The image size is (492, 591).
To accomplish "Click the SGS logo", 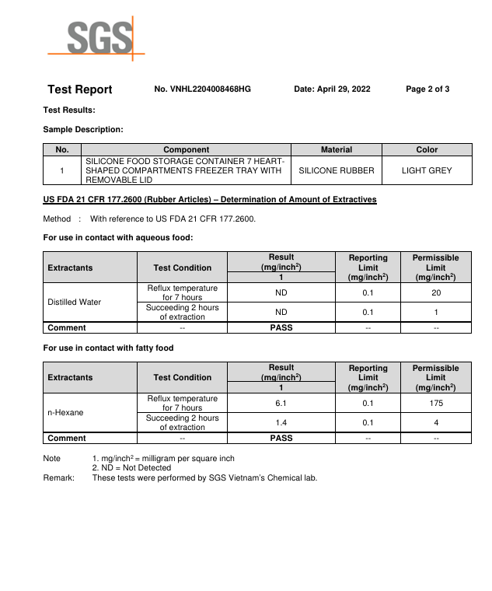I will point(97,37).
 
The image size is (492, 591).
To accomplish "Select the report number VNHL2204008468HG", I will point(202,89).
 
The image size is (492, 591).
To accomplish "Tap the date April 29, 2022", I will point(332,89).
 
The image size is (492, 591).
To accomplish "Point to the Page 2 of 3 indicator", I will point(427,89).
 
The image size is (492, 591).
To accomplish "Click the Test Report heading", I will point(80,89).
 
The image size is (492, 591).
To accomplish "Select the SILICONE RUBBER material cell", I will point(337,170).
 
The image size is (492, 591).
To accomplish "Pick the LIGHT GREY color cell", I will point(427,170).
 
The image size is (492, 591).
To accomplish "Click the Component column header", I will point(186,149).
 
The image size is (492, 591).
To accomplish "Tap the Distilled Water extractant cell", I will point(75,302).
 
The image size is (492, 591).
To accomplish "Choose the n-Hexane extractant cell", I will point(65,412).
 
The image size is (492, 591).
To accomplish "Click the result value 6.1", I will point(281,404).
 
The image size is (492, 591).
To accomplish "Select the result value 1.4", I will point(281,422).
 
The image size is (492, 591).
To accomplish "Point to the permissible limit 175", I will point(436,404).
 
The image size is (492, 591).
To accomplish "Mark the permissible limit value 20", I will point(436,293).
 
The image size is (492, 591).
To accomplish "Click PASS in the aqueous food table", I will point(281,328).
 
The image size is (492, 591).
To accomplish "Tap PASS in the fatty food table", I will point(281,439).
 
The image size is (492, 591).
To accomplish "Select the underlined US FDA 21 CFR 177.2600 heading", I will point(210,200).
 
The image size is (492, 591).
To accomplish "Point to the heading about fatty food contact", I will point(108,348).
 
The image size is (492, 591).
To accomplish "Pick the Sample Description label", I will point(83,129).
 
